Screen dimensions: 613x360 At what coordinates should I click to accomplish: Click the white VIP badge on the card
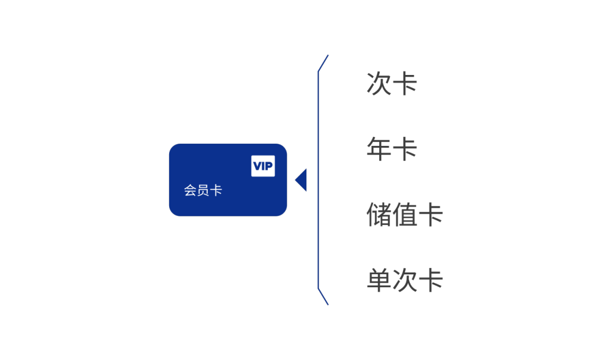point(263,166)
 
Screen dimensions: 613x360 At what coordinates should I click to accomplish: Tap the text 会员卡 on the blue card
point(203,191)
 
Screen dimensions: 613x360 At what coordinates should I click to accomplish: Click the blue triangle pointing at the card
point(301,180)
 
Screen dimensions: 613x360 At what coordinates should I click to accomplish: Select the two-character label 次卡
point(392,83)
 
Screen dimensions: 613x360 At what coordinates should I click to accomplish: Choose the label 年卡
point(392,149)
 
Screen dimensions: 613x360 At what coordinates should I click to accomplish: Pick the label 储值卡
point(405,215)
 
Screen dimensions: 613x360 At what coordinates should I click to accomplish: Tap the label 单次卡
point(405,280)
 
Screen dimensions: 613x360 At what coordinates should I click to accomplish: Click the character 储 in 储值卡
point(379,215)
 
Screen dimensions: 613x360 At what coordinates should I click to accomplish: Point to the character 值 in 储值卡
point(405,215)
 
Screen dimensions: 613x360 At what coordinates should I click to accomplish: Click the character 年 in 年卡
point(379,149)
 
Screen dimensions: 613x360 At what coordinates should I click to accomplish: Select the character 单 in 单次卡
point(379,280)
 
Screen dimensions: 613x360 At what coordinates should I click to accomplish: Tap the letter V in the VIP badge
point(257,166)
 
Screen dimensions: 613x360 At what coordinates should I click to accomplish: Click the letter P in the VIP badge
point(268,166)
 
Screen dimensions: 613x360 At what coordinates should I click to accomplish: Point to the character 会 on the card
point(190,191)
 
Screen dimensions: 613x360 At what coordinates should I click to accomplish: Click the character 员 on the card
point(203,191)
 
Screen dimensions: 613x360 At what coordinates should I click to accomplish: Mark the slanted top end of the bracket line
point(328,55)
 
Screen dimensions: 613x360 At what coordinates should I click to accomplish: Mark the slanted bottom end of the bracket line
point(328,305)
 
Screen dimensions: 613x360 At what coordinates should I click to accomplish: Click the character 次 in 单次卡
point(405,280)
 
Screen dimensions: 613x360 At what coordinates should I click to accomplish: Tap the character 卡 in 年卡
point(405,149)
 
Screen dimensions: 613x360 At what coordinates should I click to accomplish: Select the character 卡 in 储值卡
point(430,215)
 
